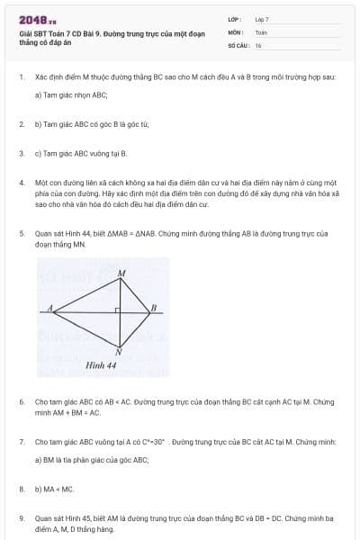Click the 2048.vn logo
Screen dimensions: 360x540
tap(37, 17)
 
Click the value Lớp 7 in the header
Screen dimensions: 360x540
tap(262, 19)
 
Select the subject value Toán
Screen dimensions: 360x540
tap(261, 31)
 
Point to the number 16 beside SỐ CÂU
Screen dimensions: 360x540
tap(258, 44)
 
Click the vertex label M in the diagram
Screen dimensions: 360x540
tap(122, 272)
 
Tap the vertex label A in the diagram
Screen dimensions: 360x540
tap(49, 308)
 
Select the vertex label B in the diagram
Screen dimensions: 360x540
tap(154, 308)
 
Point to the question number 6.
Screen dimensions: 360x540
tap(21, 401)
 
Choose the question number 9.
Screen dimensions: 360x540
tap(21, 518)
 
